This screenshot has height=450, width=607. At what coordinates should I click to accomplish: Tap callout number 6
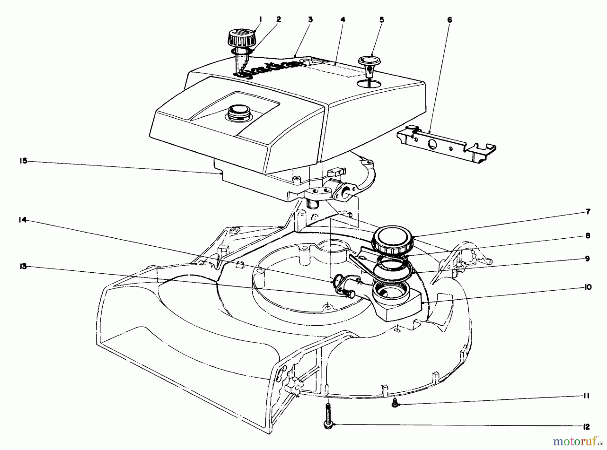[x=450, y=20]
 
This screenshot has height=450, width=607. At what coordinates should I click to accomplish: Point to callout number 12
[x=586, y=427]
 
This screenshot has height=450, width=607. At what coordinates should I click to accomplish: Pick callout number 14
[x=22, y=220]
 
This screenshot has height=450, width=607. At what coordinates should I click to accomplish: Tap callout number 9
[x=587, y=259]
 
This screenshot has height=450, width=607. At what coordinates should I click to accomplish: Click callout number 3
[x=310, y=20]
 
